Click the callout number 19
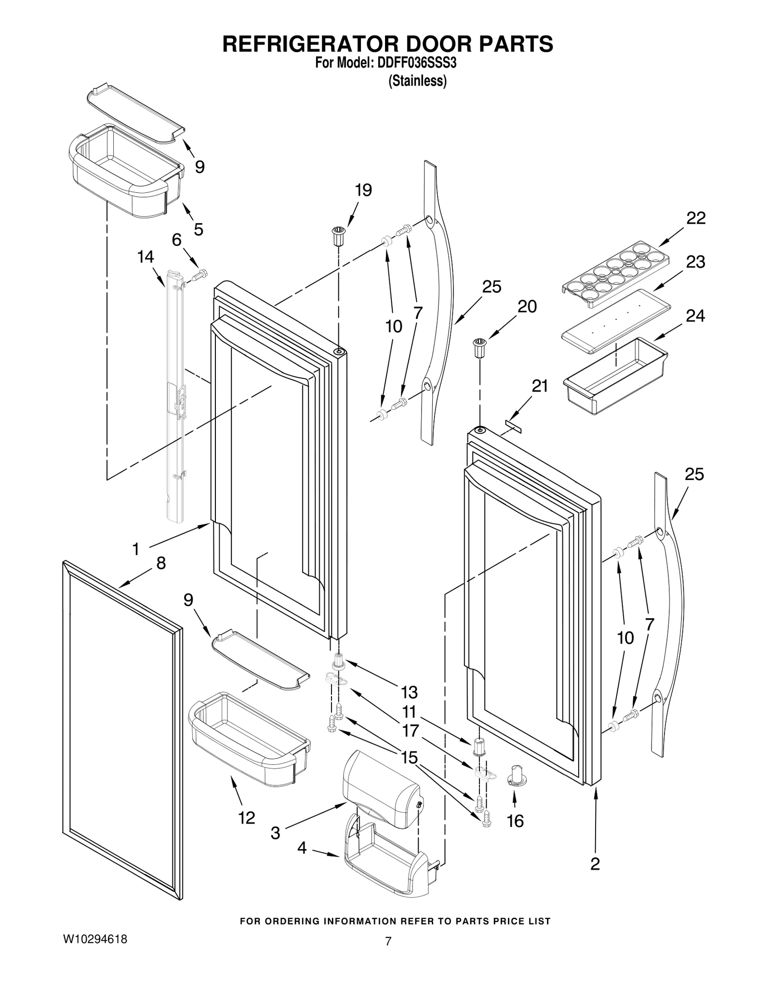coord(364,190)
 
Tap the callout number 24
coord(695,316)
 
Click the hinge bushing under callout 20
coord(479,348)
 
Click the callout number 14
coord(146,257)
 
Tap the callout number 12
coord(246,818)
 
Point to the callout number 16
coord(515,821)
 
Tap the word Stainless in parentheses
coord(417,81)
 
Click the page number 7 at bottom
coord(388,941)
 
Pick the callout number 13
coord(409,692)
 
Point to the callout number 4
coord(302,848)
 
